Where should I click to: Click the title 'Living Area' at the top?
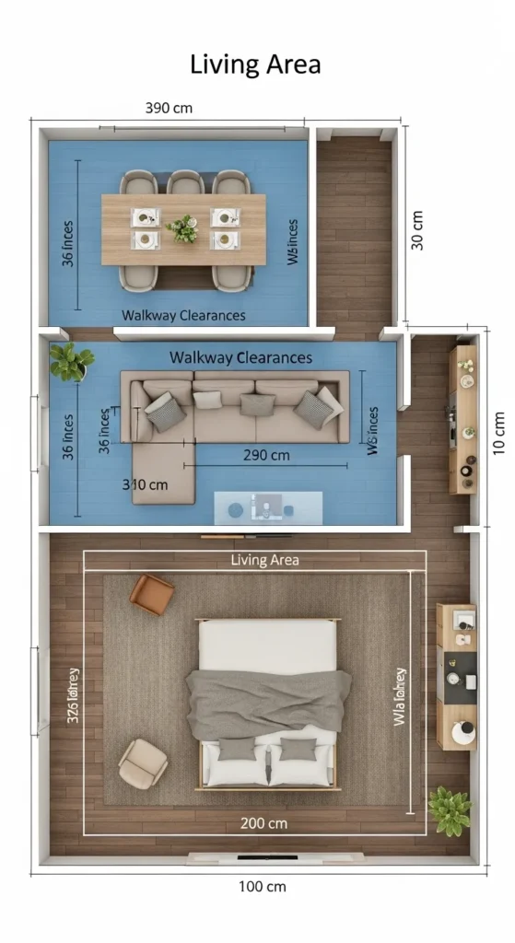click(256, 64)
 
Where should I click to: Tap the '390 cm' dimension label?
click(170, 108)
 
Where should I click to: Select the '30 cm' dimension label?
click(417, 230)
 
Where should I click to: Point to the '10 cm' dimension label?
click(498, 432)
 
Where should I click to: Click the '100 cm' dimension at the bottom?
click(263, 887)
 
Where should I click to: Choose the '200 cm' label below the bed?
click(264, 822)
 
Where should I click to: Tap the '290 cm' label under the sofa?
click(266, 455)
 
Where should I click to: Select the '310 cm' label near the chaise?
click(146, 483)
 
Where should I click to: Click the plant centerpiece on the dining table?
click(183, 227)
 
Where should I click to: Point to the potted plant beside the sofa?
click(70, 362)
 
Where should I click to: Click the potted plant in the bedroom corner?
click(450, 809)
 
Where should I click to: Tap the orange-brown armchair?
click(151, 594)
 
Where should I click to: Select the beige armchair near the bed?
click(143, 762)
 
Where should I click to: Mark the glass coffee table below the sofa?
click(268, 506)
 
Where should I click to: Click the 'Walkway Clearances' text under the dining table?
click(183, 315)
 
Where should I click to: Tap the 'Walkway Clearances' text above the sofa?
click(240, 357)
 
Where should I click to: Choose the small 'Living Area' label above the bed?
click(264, 560)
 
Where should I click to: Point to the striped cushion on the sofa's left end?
click(164, 410)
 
